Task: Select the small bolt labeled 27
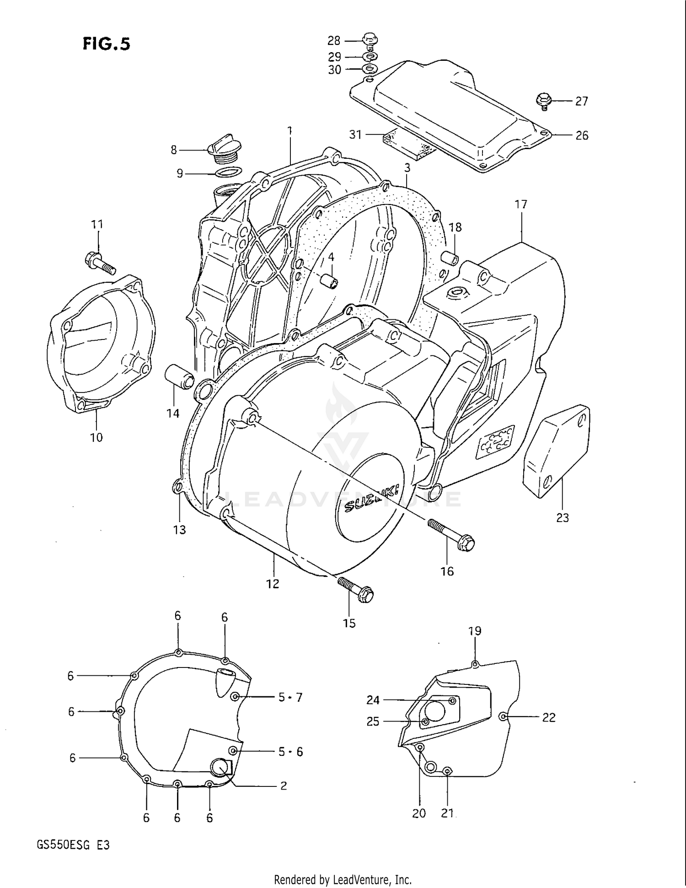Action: pos(544,100)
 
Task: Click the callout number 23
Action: pos(562,517)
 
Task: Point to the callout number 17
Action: pos(521,204)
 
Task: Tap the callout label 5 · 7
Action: pos(290,697)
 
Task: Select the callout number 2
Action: pos(284,786)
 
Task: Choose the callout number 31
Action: pos(355,135)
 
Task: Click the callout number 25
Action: pos(373,721)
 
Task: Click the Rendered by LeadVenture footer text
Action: pos(343,879)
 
